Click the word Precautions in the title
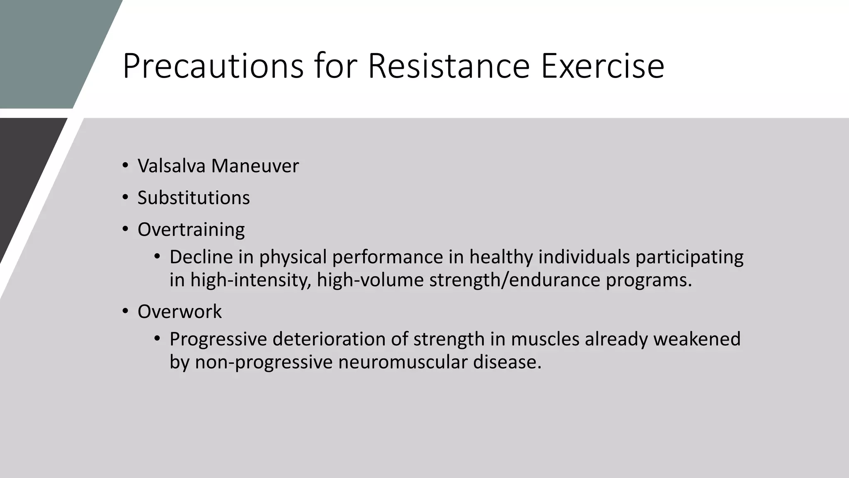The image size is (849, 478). tap(213, 66)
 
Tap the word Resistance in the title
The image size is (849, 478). tap(449, 66)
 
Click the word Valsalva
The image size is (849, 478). tap(172, 166)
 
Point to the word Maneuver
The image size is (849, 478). tap(255, 166)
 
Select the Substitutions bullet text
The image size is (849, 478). tap(194, 198)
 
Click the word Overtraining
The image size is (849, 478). tap(191, 229)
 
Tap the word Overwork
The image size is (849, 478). tap(180, 311)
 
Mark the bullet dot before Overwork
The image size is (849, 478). tap(125, 311)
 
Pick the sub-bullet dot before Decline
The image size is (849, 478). tap(157, 256)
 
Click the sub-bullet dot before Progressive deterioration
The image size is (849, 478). tap(157, 339)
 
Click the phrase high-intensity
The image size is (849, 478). tap(250, 280)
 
